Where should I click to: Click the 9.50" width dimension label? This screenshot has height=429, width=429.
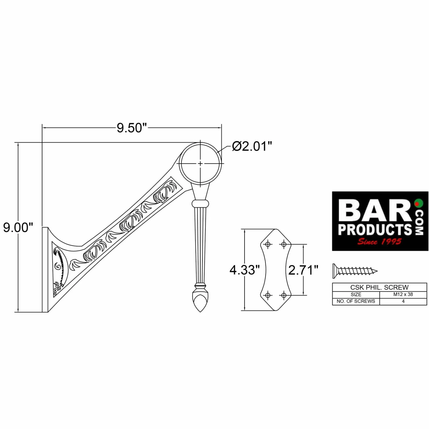tap(132, 128)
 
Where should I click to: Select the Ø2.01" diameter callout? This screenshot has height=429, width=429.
tap(252, 146)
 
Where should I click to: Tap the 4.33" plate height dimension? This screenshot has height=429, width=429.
tap(245, 270)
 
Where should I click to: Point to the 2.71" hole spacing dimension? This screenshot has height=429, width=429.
tap(303, 270)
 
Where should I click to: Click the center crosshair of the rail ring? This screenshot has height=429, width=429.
tap(200, 163)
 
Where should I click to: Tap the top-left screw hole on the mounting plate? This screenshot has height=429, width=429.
tap(268, 244)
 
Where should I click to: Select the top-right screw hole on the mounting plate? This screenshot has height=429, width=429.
tap(284, 244)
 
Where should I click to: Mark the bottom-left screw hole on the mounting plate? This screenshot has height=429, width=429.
tap(268, 295)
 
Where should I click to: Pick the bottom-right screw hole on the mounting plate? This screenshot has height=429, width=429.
tap(284, 295)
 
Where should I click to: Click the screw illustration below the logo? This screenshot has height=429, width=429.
tap(355, 271)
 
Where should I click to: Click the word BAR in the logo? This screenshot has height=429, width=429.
tap(375, 211)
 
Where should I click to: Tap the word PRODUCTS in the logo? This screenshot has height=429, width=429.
tap(375, 230)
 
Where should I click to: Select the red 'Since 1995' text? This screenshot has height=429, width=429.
tap(379, 242)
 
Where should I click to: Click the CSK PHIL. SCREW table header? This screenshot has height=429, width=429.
tap(379, 287)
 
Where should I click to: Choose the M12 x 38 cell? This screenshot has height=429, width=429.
tap(403, 294)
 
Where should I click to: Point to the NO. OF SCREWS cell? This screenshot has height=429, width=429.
tap(356, 301)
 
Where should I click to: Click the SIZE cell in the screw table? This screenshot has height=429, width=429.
tap(356, 294)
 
